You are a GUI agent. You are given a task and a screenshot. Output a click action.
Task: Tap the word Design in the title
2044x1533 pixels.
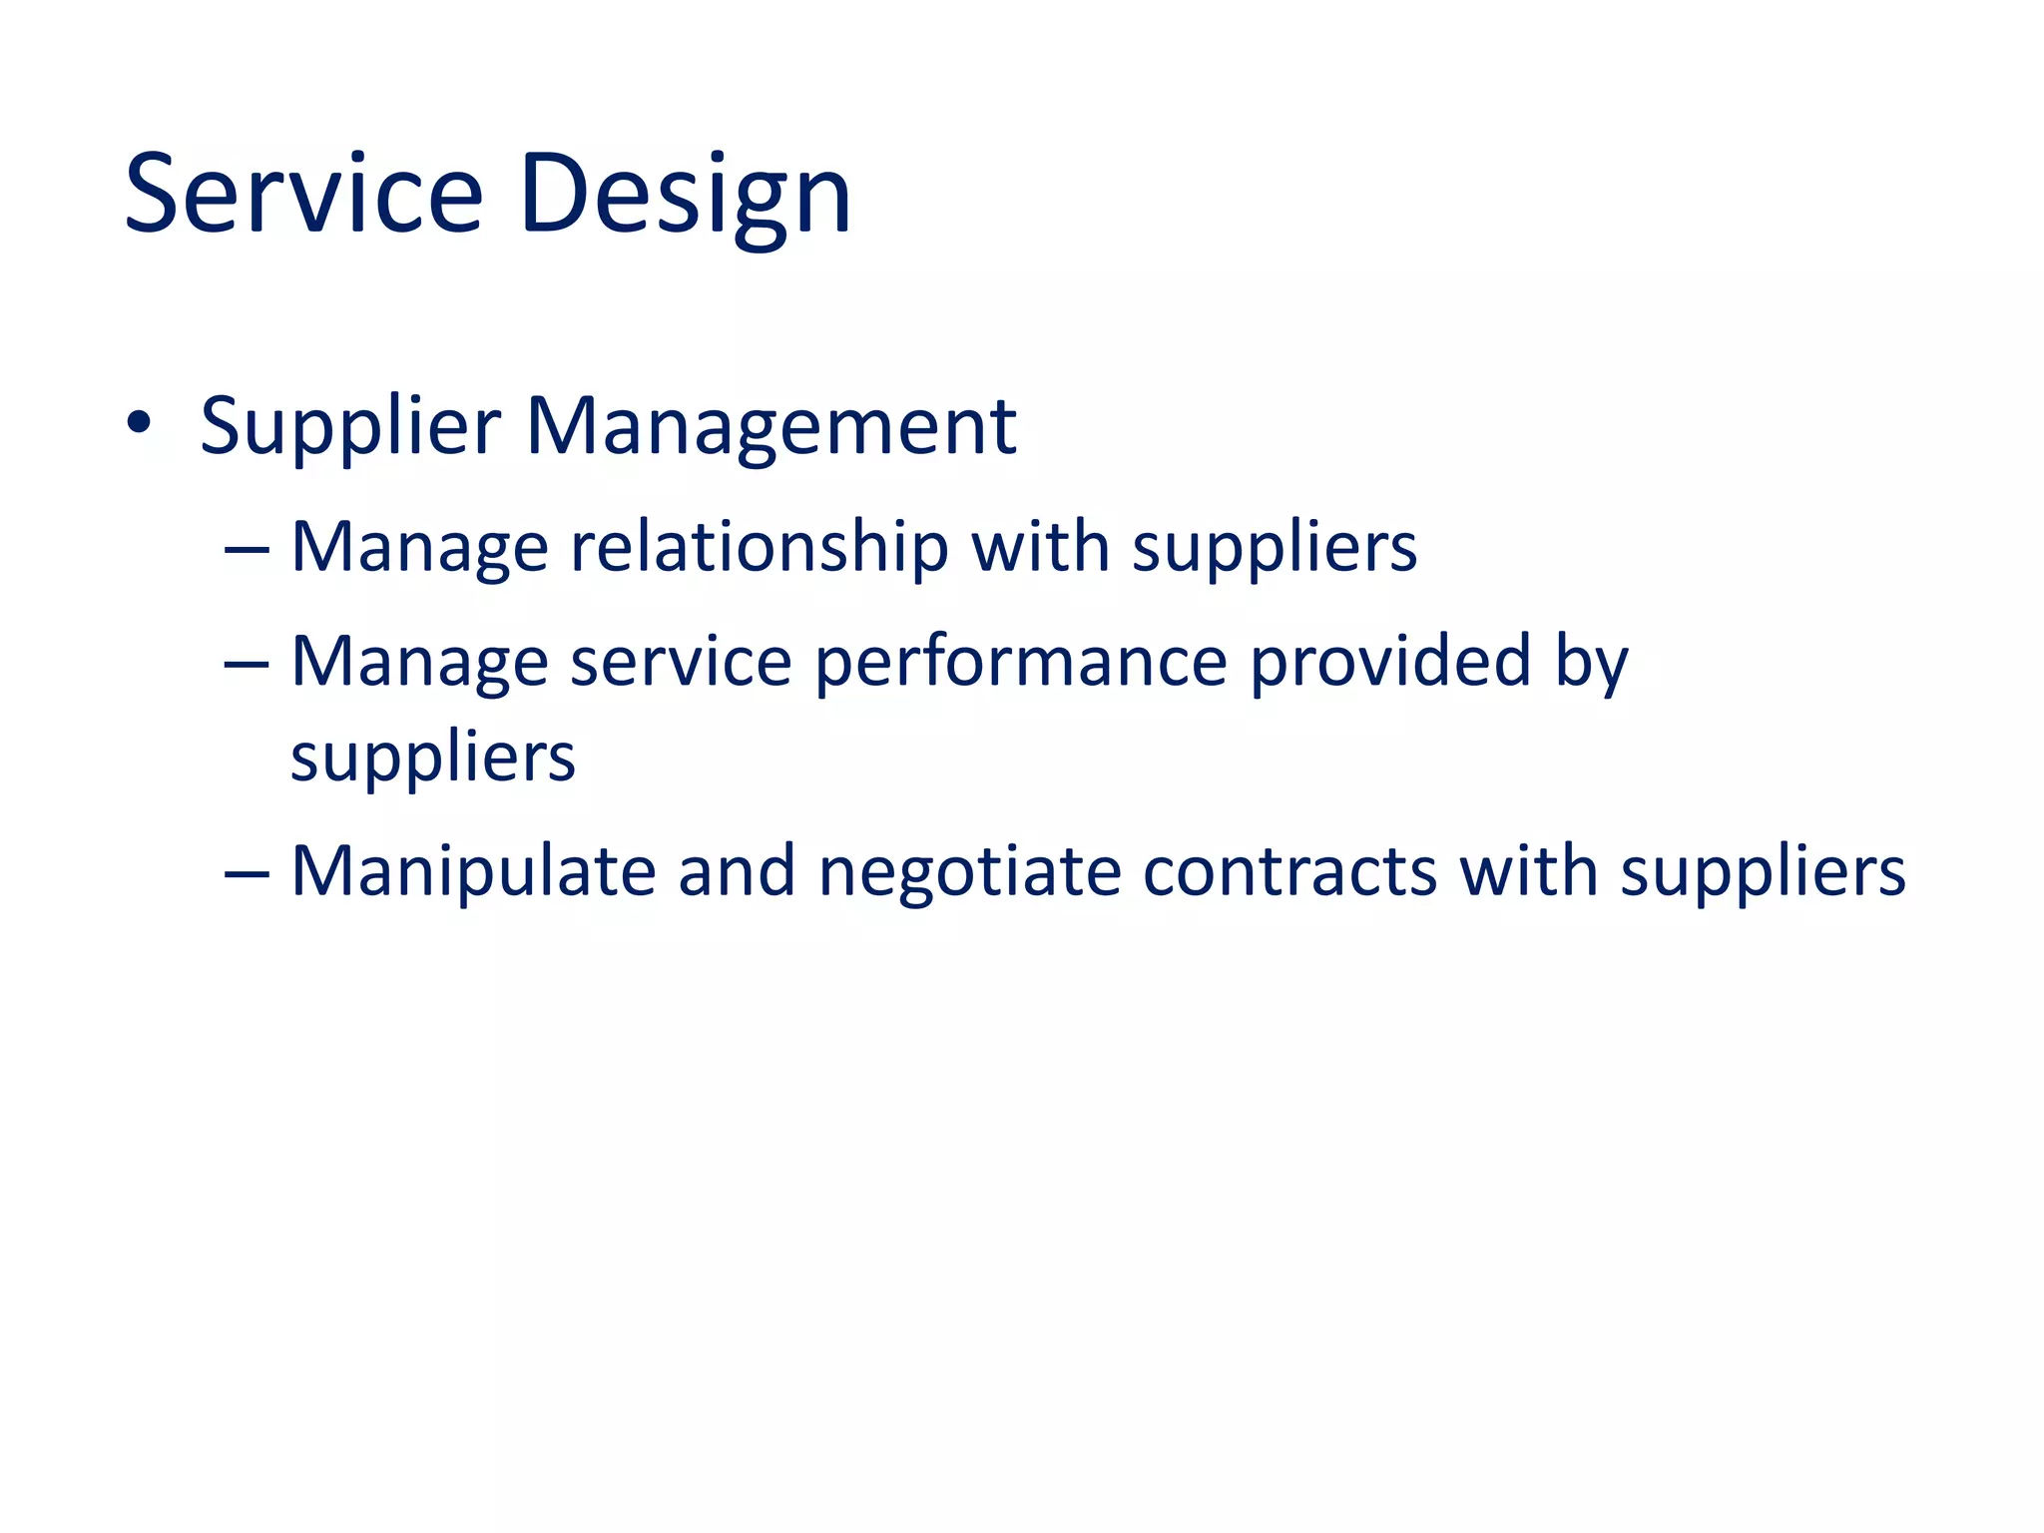(x=686, y=195)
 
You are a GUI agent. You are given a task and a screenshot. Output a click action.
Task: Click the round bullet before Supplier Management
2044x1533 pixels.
(x=139, y=423)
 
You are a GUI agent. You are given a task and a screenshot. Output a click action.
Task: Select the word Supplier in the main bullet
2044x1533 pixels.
(x=349, y=427)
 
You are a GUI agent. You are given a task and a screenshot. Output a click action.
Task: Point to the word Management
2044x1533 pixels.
(x=770, y=427)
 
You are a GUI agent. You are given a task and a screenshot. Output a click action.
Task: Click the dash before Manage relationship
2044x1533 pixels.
(x=247, y=548)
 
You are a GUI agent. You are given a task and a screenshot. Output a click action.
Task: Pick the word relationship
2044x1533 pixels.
(x=759, y=548)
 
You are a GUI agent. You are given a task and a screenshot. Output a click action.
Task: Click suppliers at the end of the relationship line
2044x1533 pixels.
(x=1275, y=550)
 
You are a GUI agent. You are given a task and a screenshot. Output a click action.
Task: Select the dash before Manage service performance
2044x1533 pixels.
(x=247, y=662)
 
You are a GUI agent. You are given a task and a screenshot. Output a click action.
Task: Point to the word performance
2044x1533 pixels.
(x=1021, y=664)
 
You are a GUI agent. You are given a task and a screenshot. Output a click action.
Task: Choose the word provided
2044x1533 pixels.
(x=1390, y=662)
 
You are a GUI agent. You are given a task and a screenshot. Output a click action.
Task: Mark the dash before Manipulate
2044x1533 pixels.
(x=247, y=872)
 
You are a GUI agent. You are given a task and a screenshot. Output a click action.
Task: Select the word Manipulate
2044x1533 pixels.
(x=473, y=873)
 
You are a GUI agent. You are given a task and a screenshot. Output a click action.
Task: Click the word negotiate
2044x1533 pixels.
(x=969, y=873)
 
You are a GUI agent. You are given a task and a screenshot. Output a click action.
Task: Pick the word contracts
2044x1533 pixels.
(x=1289, y=872)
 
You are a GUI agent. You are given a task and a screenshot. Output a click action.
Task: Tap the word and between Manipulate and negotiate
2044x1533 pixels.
(x=737, y=871)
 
